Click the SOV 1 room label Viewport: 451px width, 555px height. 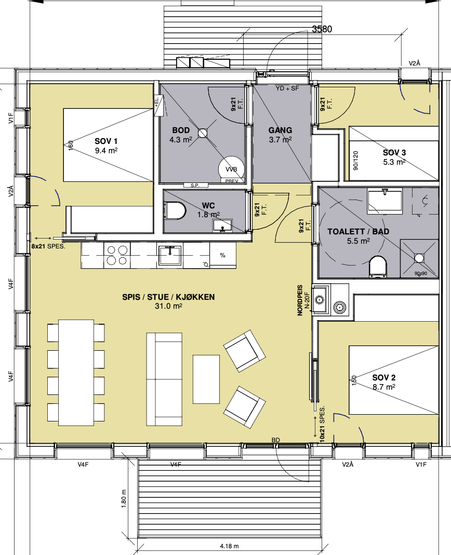click(106, 141)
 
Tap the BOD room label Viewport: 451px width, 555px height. click(181, 130)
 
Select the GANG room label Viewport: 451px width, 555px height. click(281, 130)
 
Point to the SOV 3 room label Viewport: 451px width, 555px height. click(394, 153)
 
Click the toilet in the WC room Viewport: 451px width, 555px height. click(175, 211)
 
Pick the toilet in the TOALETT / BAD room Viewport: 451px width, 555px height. click(377, 266)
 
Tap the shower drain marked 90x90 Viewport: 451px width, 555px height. click(419, 258)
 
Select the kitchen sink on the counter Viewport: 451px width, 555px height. click(170, 255)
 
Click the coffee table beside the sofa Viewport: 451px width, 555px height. click(206, 379)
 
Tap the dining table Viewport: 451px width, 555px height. click(76, 373)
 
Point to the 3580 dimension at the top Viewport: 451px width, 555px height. click(322, 29)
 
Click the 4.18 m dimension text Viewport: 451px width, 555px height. click(229, 546)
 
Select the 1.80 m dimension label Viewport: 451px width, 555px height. click(124, 499)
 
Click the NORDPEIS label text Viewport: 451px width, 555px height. click(300, 300)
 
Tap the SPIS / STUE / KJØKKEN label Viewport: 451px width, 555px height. click(168, 297)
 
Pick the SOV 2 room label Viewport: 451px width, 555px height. click(384, 378)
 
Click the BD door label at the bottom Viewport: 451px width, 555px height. click(276, 440)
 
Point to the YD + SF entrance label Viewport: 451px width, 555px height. click(287, 88)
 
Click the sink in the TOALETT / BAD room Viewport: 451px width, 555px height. click(385, 201)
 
